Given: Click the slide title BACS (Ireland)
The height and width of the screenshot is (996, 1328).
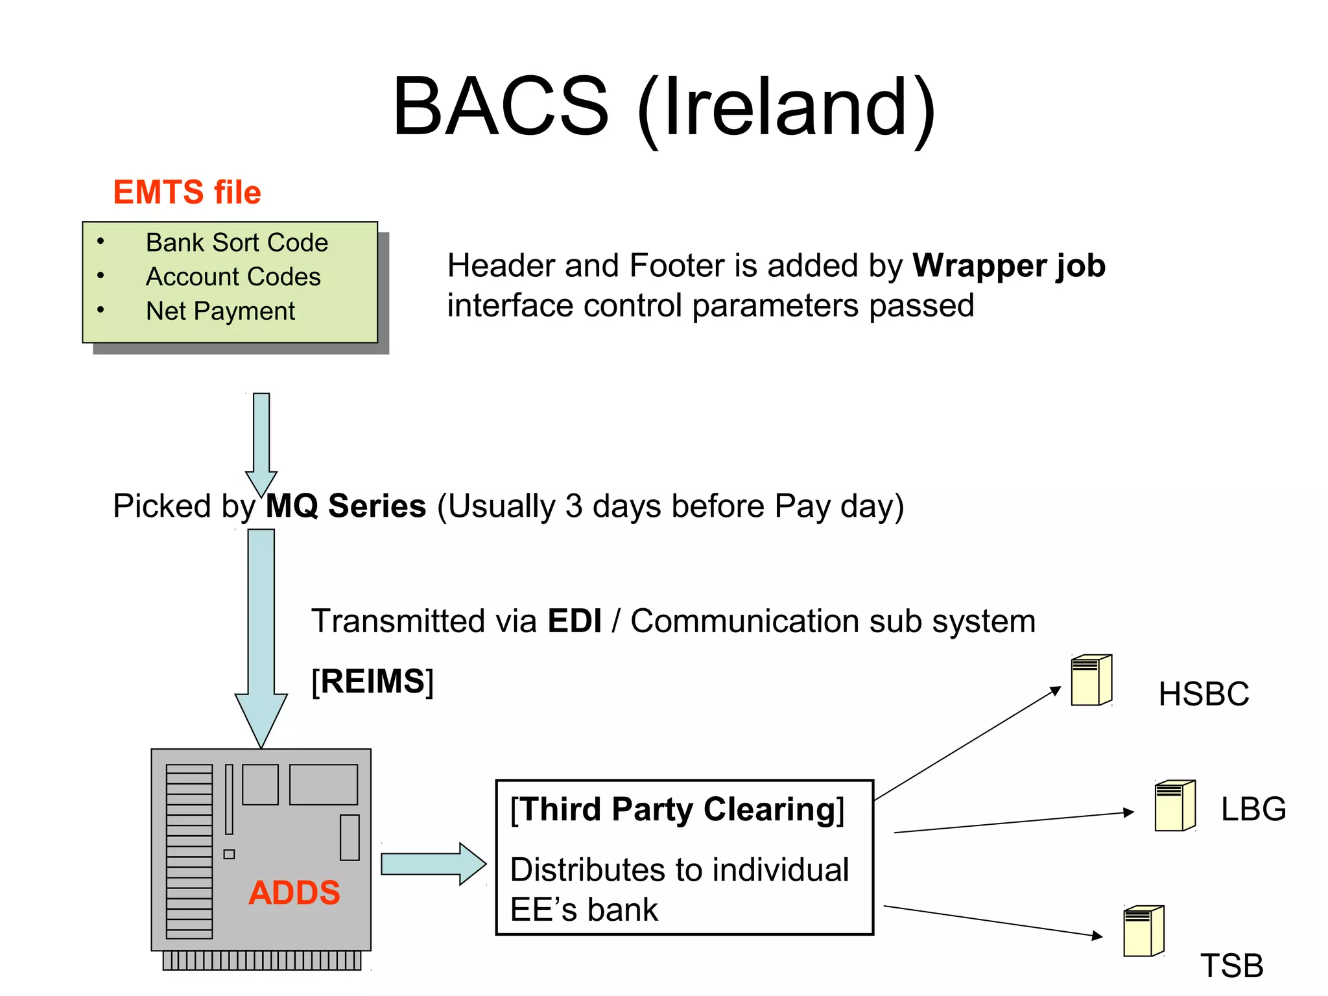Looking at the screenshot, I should [x=664, y=107].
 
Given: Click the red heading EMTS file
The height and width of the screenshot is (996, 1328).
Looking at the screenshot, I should [x=187, y=193].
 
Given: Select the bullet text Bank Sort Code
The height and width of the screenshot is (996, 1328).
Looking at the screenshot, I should [x=237, y=243].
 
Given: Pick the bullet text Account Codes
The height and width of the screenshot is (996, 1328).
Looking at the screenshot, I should [x=233, y=277].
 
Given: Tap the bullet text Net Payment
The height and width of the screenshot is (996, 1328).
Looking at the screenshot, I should [x=220, y=311].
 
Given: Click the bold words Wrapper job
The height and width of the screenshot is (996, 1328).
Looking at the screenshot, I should [x=1008, y=266].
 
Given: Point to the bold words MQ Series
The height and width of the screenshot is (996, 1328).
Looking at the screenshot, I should [x=346, y=506].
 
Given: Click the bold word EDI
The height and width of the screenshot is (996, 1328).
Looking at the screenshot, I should [x=575, y=621].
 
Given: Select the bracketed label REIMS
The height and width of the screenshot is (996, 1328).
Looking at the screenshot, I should [x=372, y=682].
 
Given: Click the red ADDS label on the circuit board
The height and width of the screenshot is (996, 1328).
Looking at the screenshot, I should [x=294, y=893].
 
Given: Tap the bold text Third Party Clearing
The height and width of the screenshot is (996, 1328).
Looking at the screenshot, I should [x=677, y=810].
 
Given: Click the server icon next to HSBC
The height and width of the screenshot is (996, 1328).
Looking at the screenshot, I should [x=1091, y=680].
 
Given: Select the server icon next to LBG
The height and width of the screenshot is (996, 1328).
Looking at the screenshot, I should [x=1174, y=806].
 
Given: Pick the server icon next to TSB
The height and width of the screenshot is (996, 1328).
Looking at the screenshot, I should [x=1143, y=931].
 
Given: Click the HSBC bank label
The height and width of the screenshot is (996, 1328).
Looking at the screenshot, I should [x=1203, y=694].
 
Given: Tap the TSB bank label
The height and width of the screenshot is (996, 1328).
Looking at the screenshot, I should [x=1231, y=966].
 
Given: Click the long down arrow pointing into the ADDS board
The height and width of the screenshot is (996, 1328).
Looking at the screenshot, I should [x=261, y=635].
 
